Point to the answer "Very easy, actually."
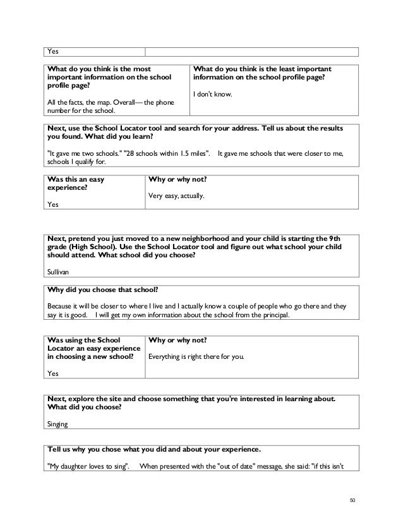(176, 196)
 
